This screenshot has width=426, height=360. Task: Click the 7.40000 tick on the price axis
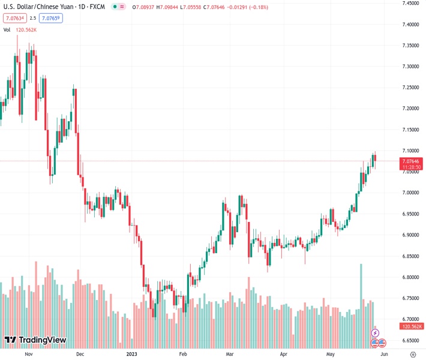[410, 25]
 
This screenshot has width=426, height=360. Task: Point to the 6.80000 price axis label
[410, 277]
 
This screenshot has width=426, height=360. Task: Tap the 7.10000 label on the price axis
[410, 151]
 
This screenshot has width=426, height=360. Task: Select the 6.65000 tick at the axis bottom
[410, 340]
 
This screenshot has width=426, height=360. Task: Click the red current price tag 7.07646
[411, 160]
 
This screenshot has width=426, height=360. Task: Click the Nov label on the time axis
[28, 354]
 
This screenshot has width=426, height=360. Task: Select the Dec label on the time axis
[79, 354]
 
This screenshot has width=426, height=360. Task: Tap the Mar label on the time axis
[230, 354]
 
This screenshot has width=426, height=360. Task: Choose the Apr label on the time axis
[281, 354]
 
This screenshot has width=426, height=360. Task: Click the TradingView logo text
[42, 340]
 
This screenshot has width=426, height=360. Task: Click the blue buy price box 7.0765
[52, 18]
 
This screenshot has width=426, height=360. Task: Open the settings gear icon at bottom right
[411, 354]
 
